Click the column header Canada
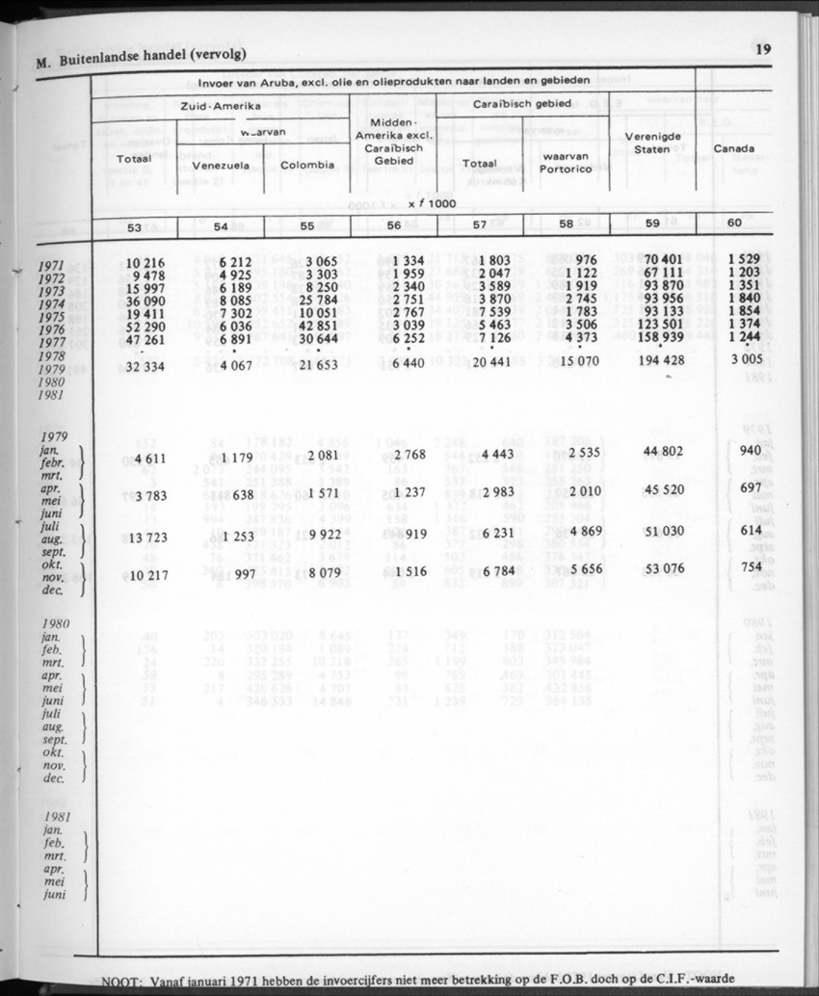pos(733,149)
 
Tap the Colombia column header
pos(308,165)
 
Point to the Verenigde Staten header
pos(653,143)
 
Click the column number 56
pos(393,224)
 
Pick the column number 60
pos(734,223)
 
